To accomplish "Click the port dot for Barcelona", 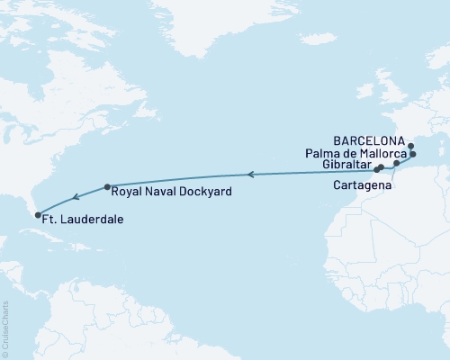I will [410, 146].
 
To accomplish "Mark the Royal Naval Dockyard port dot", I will [107, 187].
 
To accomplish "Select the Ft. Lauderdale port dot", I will [37, 214].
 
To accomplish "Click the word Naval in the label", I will [163, 192].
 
